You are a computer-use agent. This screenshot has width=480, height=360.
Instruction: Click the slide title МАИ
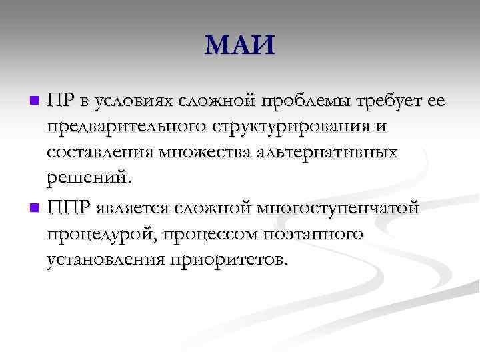tap(239, 47)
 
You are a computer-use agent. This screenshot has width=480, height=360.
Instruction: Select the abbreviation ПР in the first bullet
tap(61, 100)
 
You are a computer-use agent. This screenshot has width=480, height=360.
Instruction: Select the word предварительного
tap(126, 127)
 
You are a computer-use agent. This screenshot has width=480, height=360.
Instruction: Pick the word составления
tap(100, 153)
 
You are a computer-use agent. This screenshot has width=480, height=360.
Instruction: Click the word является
tap(134, 208)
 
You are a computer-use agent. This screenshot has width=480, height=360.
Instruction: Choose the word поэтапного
tap(313, 234)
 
